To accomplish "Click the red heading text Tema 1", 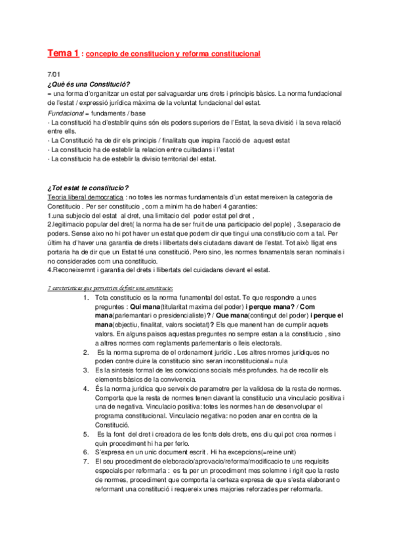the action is pyautogui.click(x=63, y=52).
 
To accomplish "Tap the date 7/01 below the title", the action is pyautogui.click(x=52, y=76).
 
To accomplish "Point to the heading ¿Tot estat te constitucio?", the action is pyautogui.click(x=87, y=188).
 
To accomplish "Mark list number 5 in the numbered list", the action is pyautogui.click(x=86, y=434).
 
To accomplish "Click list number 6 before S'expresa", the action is pyautogui.click(x=86, y=452).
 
